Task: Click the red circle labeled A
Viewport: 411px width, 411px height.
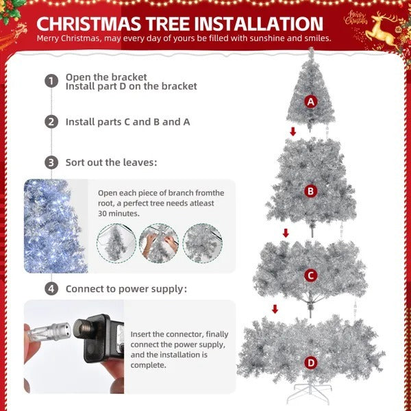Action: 311,102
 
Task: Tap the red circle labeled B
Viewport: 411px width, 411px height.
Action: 311,191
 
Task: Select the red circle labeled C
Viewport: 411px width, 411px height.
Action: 311,275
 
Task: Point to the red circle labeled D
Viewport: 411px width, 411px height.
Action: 311,362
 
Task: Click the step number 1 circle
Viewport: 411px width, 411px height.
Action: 51,82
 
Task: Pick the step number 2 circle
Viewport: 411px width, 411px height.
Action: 51,122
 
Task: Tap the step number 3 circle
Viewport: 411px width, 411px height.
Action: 51,163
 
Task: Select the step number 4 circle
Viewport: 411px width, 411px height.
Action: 51,289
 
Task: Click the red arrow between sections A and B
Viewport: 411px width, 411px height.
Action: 293,132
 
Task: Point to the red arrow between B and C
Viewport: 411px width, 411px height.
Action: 286,233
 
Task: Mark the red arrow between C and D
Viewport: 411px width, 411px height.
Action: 275,309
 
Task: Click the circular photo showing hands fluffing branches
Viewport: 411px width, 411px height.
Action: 159,243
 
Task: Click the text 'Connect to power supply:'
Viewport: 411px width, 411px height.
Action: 126,289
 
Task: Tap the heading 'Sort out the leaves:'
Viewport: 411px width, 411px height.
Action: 111,163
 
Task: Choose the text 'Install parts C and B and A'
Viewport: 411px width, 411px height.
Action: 128,122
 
